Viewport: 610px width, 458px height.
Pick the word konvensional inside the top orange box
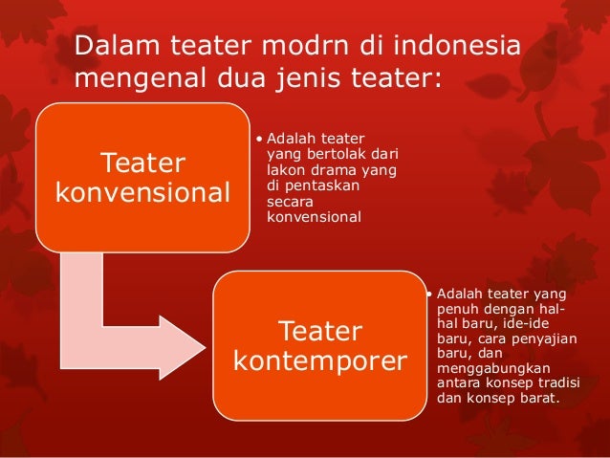click(x=143, y=192)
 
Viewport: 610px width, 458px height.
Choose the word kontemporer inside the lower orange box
click(x=320, y=362)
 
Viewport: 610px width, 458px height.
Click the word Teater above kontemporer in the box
click(x=320, y=332)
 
